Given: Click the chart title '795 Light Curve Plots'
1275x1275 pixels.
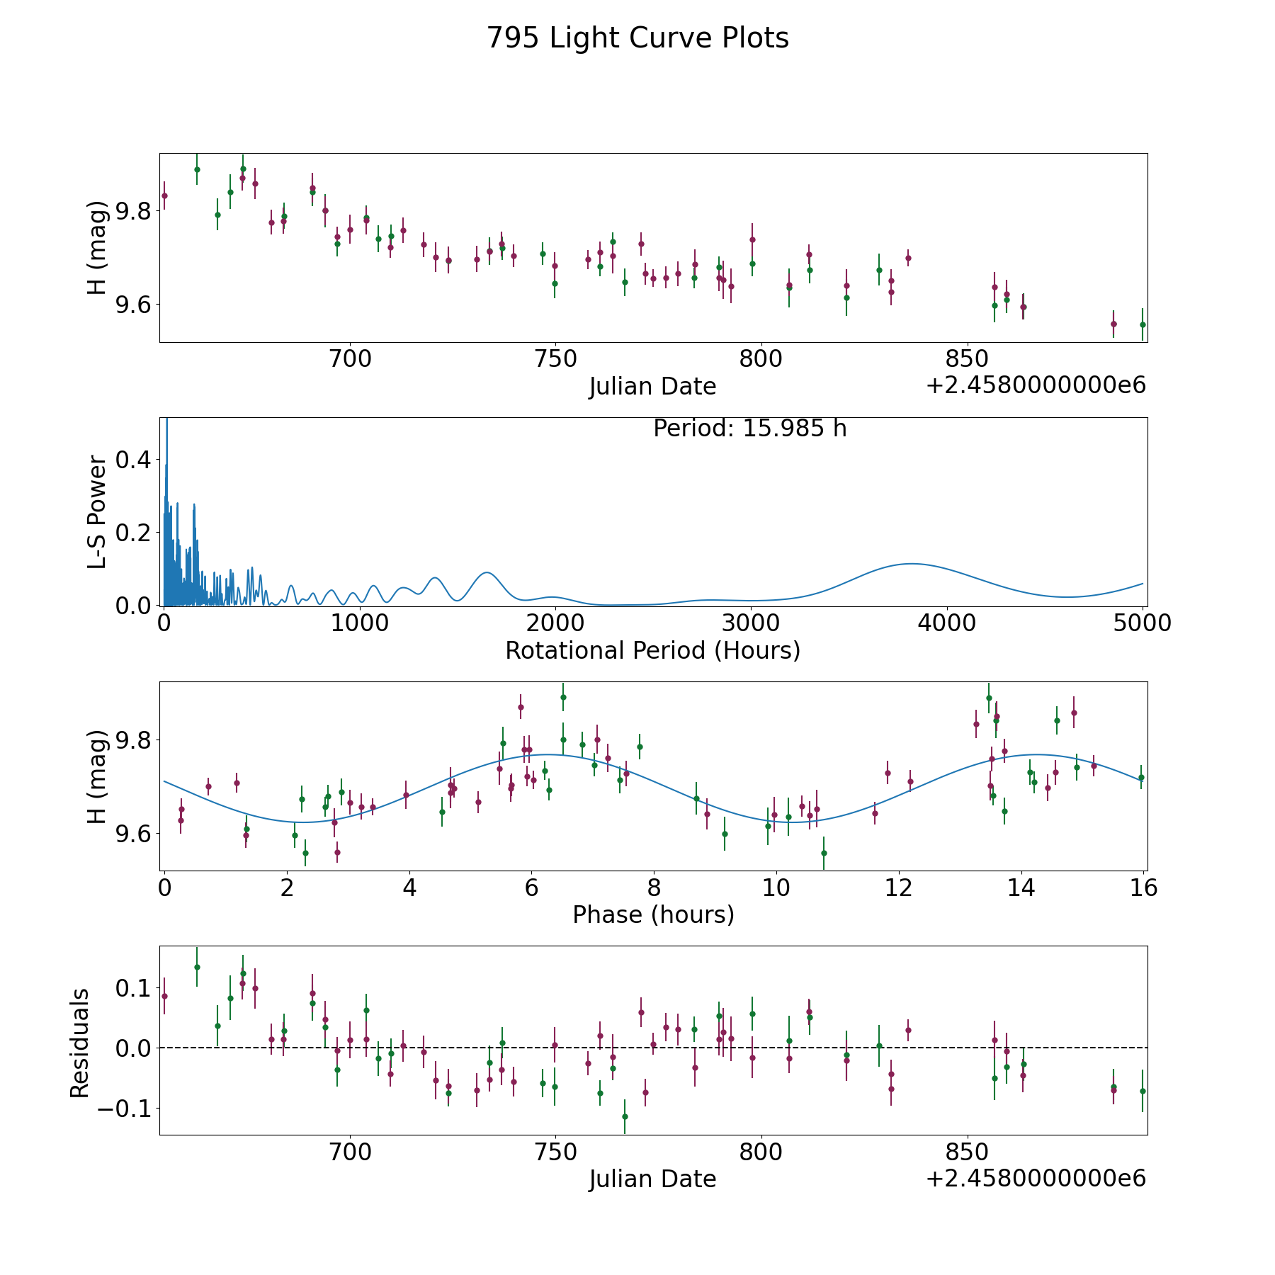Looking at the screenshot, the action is click(637, 38).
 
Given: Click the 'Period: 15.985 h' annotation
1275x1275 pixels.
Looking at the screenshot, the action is click(750, 429).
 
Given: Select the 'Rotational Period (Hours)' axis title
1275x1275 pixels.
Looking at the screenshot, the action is click(652, 650).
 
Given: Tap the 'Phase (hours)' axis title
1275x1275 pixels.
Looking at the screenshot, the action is click(653, 914).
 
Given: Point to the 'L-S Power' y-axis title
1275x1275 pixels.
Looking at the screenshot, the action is click(98, 511).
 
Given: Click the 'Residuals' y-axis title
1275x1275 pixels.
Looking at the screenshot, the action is click(79, 1043).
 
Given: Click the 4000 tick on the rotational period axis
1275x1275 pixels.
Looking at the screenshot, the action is click(946, 623).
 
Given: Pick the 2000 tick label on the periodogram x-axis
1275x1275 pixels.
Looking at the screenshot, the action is click(555, 623).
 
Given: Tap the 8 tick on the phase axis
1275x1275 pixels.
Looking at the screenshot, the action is click(654, 887).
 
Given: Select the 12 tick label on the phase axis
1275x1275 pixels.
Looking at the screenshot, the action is click(899, 887).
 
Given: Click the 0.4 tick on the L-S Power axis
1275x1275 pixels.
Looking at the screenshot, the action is click(134, 460).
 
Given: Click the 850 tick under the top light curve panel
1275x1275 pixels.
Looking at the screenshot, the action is click(967, 358).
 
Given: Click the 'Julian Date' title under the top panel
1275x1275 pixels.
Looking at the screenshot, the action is click(652, 387).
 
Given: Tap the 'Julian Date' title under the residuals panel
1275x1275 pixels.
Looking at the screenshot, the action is click(652, 1179).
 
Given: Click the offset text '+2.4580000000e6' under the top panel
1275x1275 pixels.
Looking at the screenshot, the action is click(1036, 386).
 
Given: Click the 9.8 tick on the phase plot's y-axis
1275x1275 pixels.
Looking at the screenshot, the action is click(134, 740).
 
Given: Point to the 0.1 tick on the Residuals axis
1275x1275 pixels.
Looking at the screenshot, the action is click(134, 987).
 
